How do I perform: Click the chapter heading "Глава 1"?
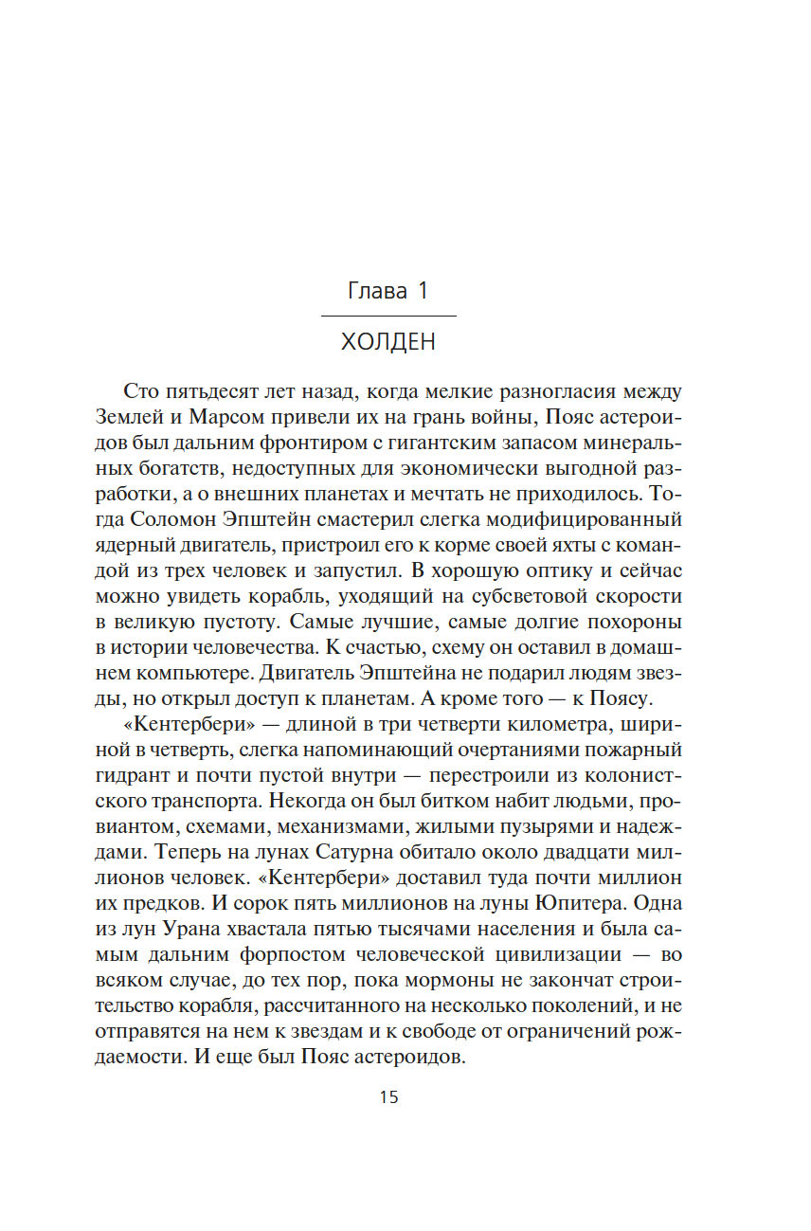click(388, 291)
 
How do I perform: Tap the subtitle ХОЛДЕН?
click(388, 342)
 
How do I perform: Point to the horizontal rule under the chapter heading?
click(388, 315)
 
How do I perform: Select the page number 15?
click(388, 1097)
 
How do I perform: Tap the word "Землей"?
click(133, 418)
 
